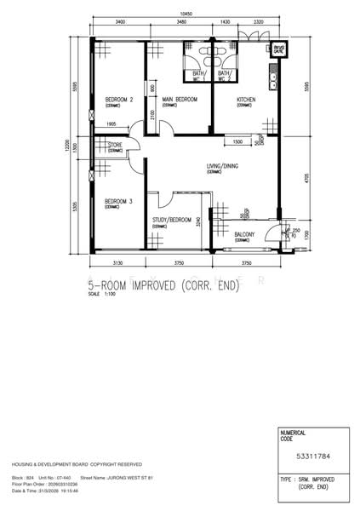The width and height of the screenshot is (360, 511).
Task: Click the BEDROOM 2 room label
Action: (x=119, y=100)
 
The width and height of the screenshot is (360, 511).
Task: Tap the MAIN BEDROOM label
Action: (x=180, y=100)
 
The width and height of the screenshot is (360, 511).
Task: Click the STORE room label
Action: (x=115, y=146)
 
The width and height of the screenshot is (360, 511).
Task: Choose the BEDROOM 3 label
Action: (x=119, y=202)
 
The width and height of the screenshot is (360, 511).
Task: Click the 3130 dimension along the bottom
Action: (x=117, y=263)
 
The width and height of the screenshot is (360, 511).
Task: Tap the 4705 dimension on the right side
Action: (x=306, y=179)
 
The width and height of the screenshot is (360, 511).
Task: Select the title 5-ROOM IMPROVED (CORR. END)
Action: (x=164, y=287)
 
